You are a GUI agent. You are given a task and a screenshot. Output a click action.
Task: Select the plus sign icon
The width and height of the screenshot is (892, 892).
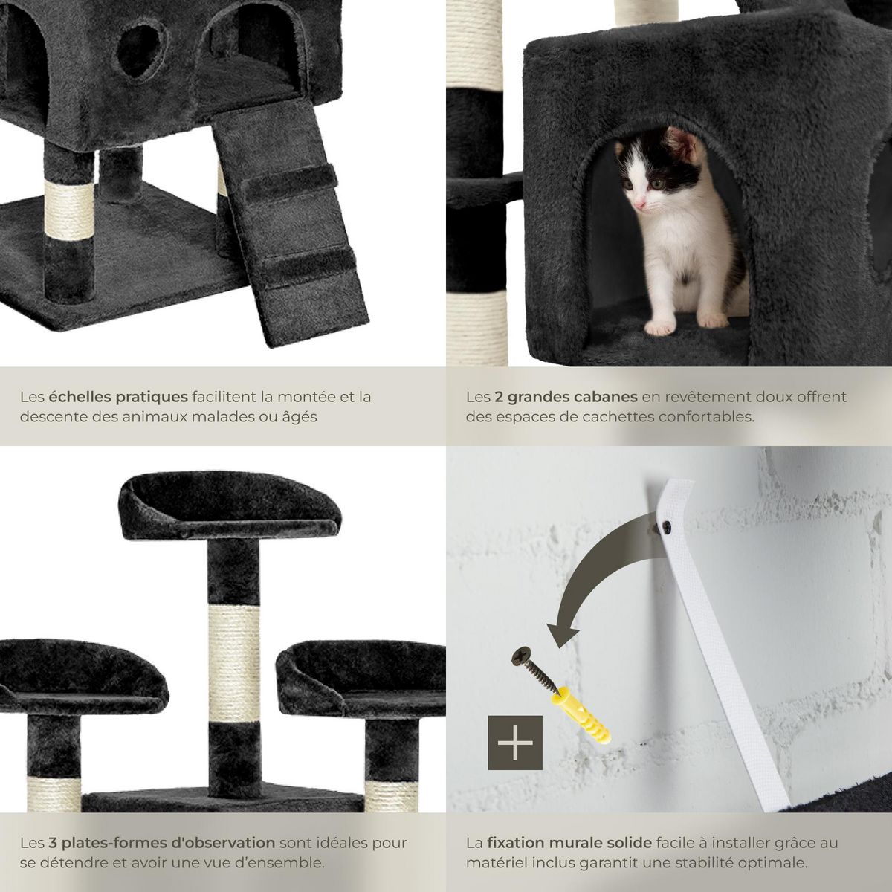point(514,743)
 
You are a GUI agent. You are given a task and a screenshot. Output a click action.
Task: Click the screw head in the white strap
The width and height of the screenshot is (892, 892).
point(667,525)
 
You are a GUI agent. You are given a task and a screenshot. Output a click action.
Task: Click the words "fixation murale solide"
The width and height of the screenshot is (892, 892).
point(569,842)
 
